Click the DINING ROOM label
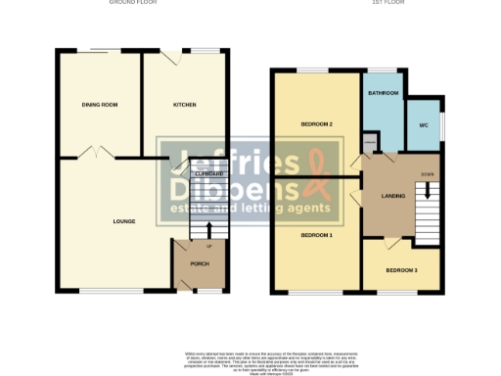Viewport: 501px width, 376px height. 99,104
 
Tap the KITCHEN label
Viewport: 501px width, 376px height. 185,104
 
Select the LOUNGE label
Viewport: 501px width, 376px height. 123,221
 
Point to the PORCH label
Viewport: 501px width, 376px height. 200,263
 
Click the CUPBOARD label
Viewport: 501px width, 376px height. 209,173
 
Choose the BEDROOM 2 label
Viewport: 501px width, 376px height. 317,124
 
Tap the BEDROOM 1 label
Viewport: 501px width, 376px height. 316,235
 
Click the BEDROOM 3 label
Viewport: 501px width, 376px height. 400,270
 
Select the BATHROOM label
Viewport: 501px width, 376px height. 384,93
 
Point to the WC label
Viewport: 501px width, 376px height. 424,125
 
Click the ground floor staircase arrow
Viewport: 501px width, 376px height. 207,231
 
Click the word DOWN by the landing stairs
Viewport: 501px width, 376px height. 427,174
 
